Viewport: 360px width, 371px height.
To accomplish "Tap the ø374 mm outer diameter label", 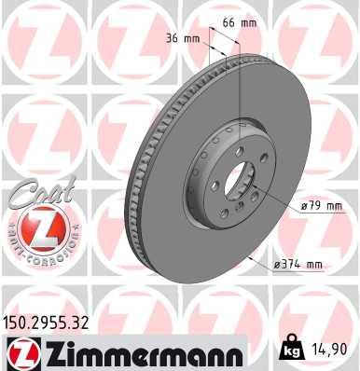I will pos(298,265).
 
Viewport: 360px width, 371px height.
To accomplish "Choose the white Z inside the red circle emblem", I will pos(35,228).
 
